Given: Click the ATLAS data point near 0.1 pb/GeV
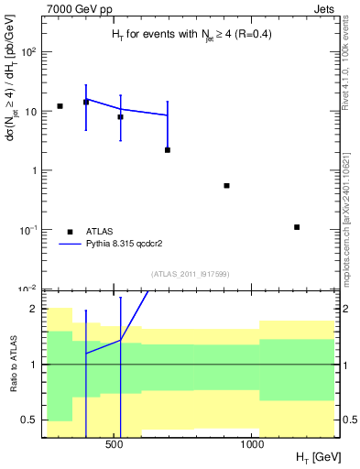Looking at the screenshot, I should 297,226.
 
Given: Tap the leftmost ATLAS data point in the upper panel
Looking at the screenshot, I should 60,106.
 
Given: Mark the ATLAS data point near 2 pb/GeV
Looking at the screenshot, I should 168,149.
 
